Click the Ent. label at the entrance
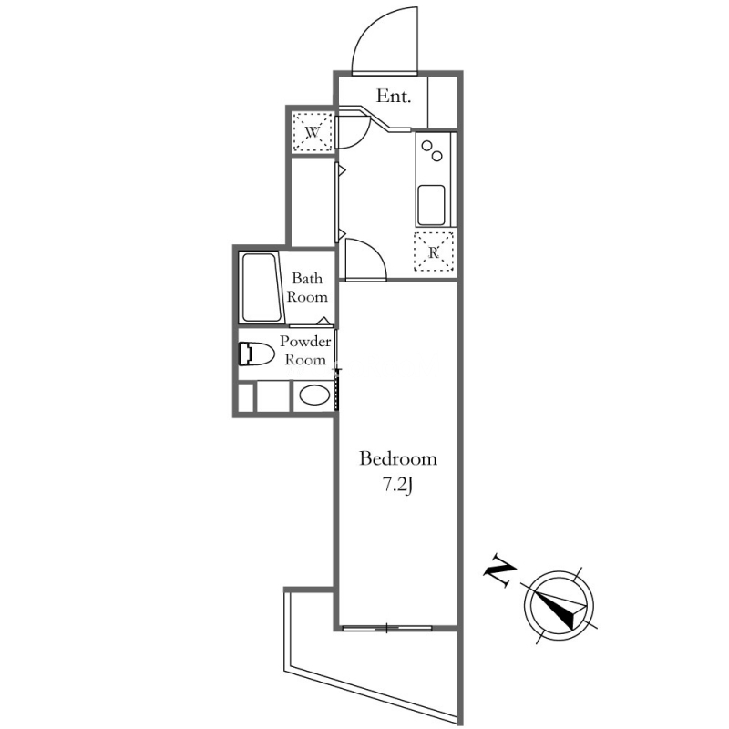394,97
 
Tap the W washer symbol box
313,132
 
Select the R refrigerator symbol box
434,252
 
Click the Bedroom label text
398,459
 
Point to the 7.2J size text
398,486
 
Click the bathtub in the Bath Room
261,287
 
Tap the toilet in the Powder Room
257,354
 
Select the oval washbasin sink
314,395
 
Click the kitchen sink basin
431,205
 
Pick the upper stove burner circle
426,146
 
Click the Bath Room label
307,287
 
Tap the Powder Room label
305,350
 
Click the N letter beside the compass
499,570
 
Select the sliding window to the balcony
387,628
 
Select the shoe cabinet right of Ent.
442,102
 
